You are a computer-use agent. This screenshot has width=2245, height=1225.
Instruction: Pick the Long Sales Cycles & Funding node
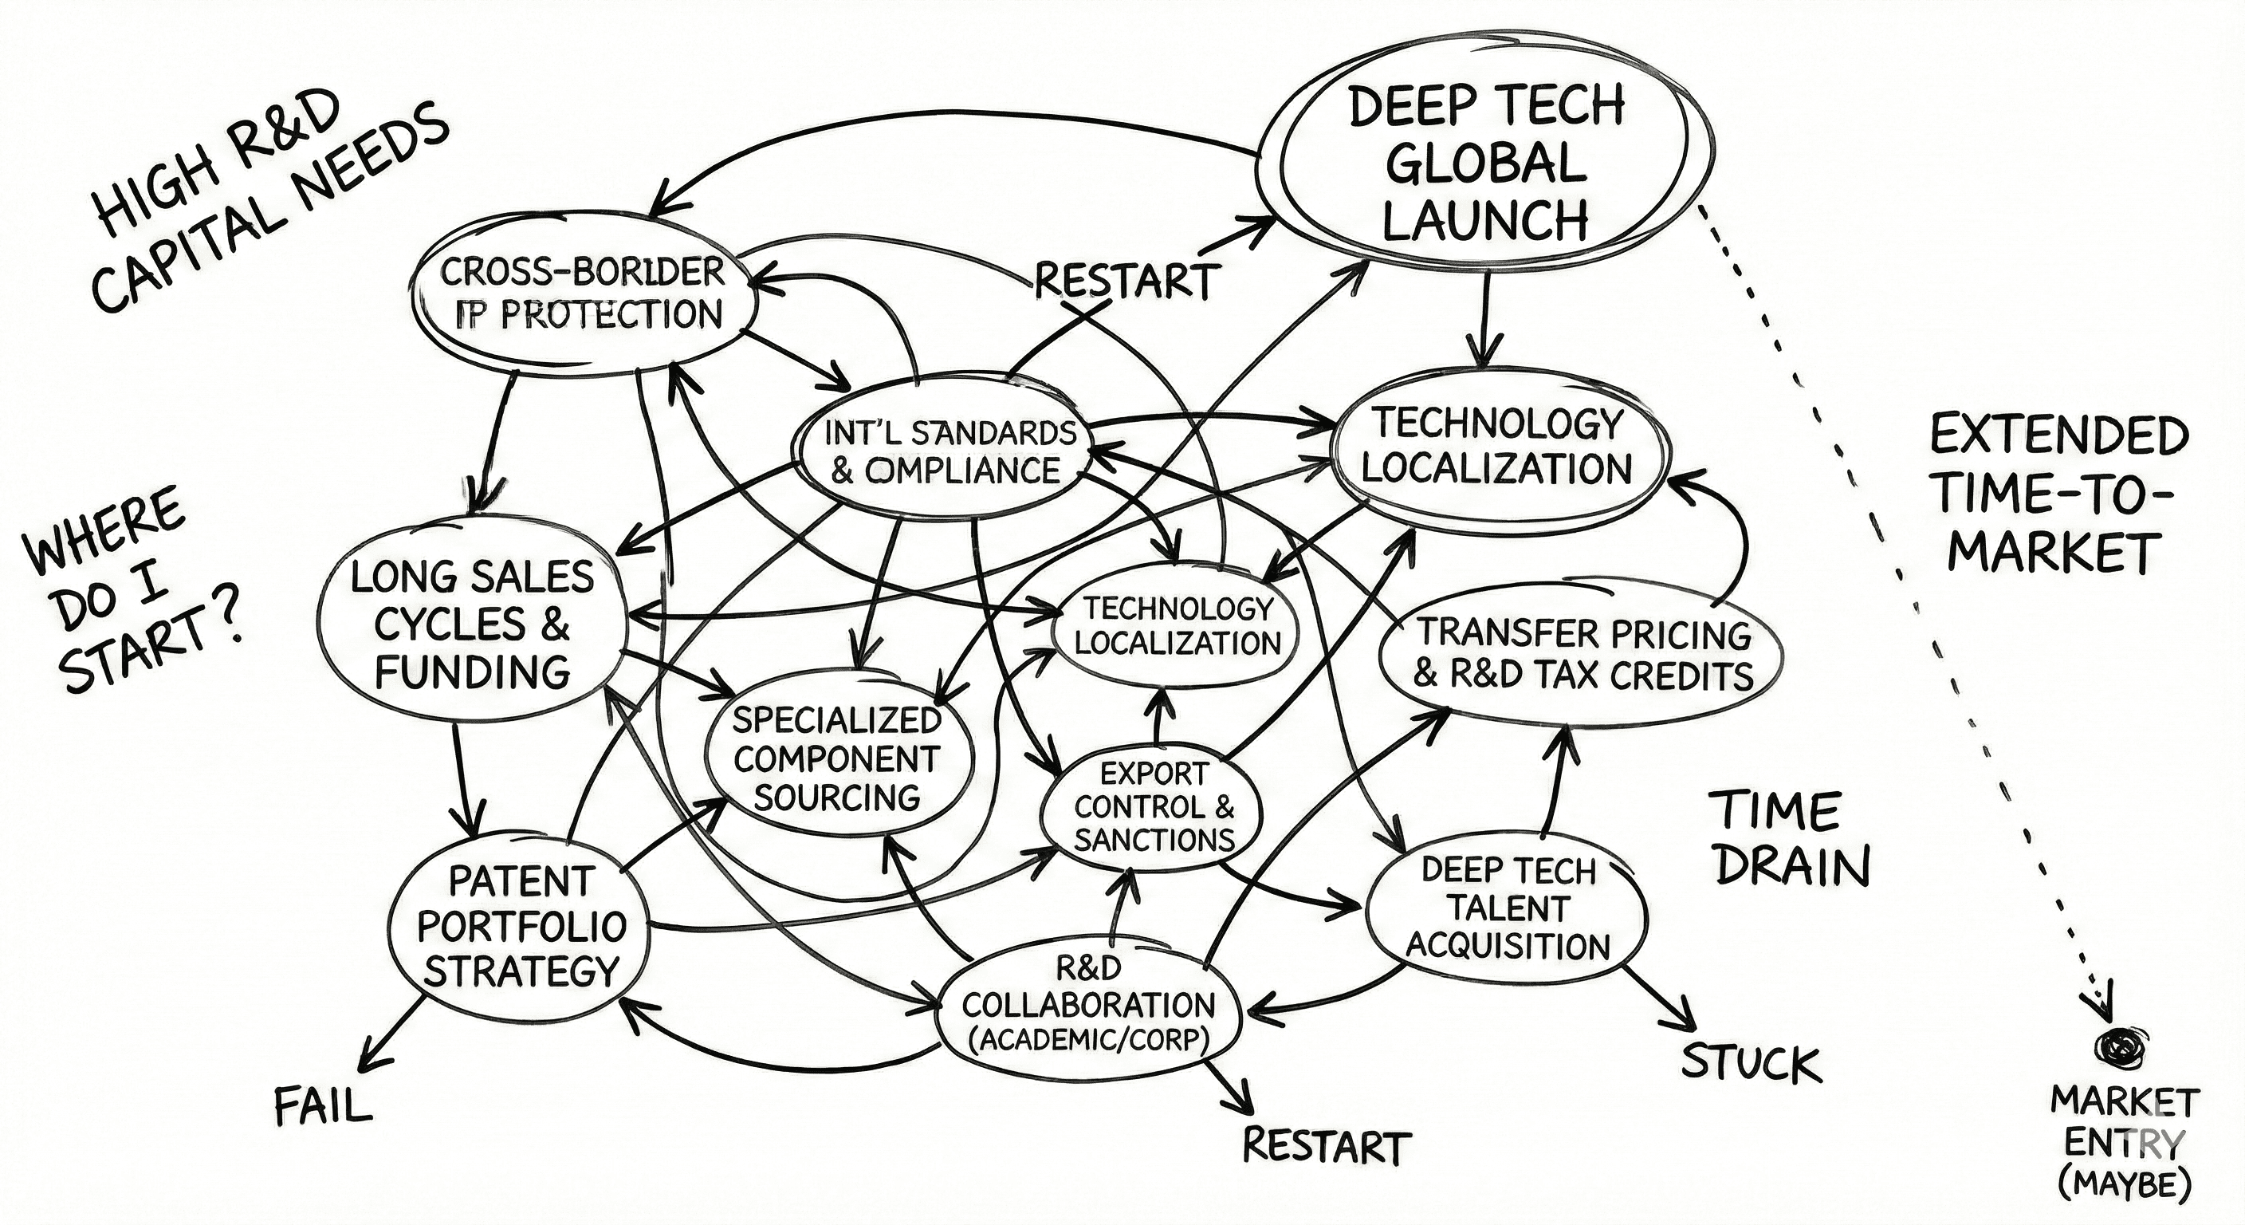click(471, 624)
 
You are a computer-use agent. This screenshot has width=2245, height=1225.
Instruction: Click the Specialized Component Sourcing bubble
click(836, 759)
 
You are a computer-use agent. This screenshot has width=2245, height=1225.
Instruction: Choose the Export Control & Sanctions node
click(1154, 806)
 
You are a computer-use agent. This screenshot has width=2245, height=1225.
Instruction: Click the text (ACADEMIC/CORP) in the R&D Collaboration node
click(1088, 1039)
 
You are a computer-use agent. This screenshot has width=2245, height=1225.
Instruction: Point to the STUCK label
click(1750, 1064)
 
